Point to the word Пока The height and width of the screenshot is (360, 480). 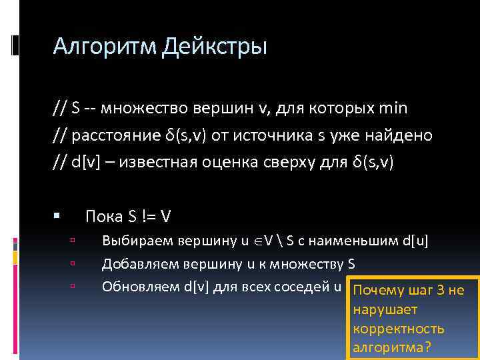point(103,217)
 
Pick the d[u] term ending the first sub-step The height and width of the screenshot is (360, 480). point(415,241)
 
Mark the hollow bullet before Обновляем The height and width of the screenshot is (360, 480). point(72,285)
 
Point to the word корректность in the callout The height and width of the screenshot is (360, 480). point(399,329)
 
